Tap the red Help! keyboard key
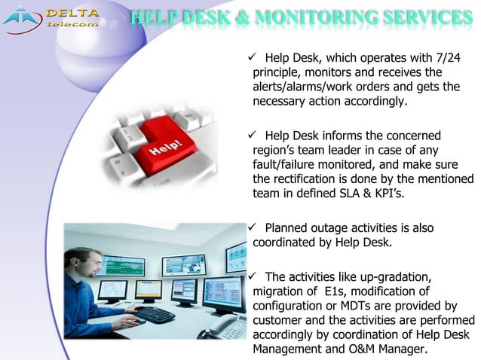tap(172, 146)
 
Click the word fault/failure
tap(288, 165)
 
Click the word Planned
tap(288, 228)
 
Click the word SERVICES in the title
tap(424, 16)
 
